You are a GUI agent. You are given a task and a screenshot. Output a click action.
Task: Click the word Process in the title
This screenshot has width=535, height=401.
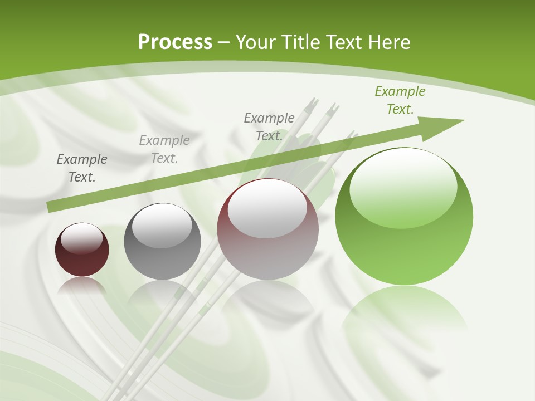(x=175, y=42)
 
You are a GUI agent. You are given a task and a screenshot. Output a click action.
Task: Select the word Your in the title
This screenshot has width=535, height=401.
(x=254, y=42)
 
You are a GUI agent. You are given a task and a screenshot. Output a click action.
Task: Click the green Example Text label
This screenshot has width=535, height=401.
(x=400, y=100)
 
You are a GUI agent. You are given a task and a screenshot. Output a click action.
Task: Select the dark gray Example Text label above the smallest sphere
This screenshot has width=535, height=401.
(x=82, y=168)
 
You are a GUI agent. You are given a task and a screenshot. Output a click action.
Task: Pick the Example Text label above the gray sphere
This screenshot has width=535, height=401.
(x=164, y=149)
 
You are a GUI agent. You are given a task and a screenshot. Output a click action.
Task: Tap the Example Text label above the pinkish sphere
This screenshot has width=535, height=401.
(x=269, y=126)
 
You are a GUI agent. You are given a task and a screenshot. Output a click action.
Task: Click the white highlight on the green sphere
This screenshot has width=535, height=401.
(x=403, y=184)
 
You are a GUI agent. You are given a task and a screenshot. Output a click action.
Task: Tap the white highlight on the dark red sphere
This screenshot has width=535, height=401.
(x=82, y=238)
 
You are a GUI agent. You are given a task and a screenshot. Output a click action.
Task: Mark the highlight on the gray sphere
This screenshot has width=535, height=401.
(x=162, y=225)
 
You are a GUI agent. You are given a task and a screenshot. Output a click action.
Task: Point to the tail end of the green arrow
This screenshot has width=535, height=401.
(x=51, y=207)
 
